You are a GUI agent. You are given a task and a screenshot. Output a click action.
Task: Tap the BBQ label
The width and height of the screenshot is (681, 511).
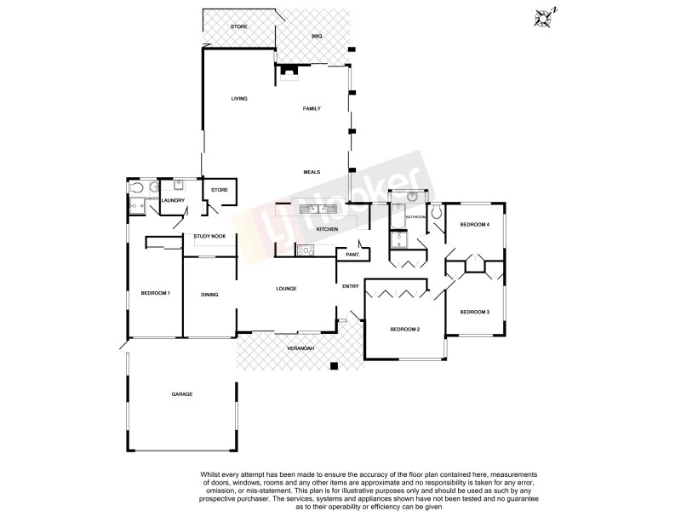coord(317,37)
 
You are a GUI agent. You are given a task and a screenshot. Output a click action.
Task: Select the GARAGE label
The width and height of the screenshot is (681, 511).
coord(182,394)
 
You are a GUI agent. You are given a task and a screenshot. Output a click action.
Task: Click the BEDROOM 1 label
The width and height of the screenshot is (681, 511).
coord(156,294)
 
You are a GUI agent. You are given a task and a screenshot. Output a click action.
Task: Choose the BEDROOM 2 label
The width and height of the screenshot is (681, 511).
coord(405,329)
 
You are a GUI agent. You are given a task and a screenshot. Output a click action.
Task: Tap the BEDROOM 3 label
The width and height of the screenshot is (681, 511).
coord(475,313)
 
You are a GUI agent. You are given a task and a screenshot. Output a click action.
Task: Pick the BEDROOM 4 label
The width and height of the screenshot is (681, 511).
coord(474,225)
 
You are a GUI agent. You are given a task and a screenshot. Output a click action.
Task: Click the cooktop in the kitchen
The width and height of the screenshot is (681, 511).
coord(306,250)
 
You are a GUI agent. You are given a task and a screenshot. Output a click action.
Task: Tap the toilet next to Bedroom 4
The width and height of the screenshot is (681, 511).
coord(437,211)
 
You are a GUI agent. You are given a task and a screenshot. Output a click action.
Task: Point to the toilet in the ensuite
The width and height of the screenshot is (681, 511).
coord(136,188)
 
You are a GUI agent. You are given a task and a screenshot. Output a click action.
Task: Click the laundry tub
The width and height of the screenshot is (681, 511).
coord(180,185)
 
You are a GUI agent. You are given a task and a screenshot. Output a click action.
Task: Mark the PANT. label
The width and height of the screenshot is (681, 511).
coord(351,255)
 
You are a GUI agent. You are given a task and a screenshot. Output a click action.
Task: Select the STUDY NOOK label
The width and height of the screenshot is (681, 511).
coord(209,236)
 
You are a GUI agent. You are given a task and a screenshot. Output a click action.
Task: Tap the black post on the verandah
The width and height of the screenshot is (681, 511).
coord(335,367)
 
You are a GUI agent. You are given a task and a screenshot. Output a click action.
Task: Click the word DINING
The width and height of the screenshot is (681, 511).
coord(209,295)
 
